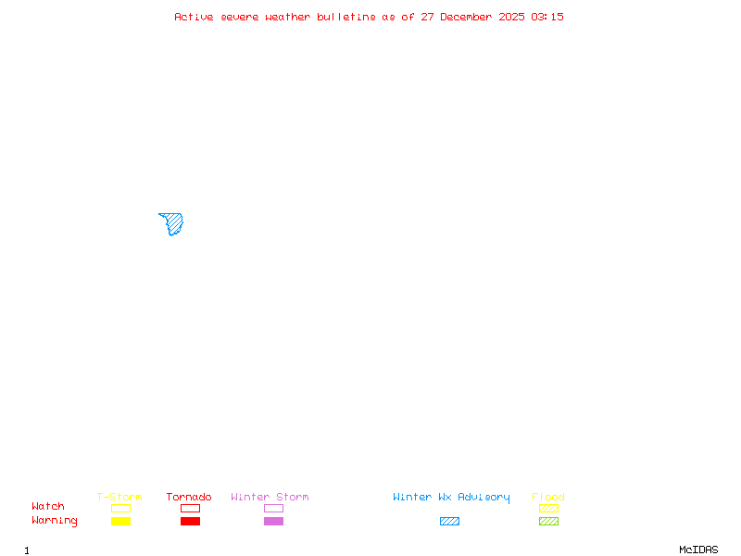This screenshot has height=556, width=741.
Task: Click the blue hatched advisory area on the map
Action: tap(172, 223)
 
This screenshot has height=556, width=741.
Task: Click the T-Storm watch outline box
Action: tap(120, 508)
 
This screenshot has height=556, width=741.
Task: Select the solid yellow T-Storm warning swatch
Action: tap(120, 522)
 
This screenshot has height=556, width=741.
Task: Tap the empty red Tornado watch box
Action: tap(190, 508)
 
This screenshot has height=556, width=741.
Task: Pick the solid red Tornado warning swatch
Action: tap(190, 522)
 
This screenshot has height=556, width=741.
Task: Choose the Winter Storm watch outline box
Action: tap(273, 508)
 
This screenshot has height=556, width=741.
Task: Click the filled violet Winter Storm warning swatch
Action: tap(273, 522)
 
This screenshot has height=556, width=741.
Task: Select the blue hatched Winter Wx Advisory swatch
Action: tap(449, 522)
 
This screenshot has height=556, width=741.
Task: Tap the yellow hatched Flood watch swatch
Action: tap(548, 508)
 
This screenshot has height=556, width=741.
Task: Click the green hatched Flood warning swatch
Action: tap(548, 522)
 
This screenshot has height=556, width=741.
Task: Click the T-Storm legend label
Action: tap(119, 498)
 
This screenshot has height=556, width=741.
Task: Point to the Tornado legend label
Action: tap(189, 498)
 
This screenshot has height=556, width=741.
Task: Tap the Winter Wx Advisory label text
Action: tap(451, 498)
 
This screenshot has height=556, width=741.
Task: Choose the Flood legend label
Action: tap(548, 498)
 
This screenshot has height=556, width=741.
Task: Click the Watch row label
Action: tap(48, 507)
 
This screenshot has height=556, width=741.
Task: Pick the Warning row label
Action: tap(55, 521)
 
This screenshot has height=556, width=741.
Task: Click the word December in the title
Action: tap(470, 17)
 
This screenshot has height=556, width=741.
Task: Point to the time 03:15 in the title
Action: tap(547, 17)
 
